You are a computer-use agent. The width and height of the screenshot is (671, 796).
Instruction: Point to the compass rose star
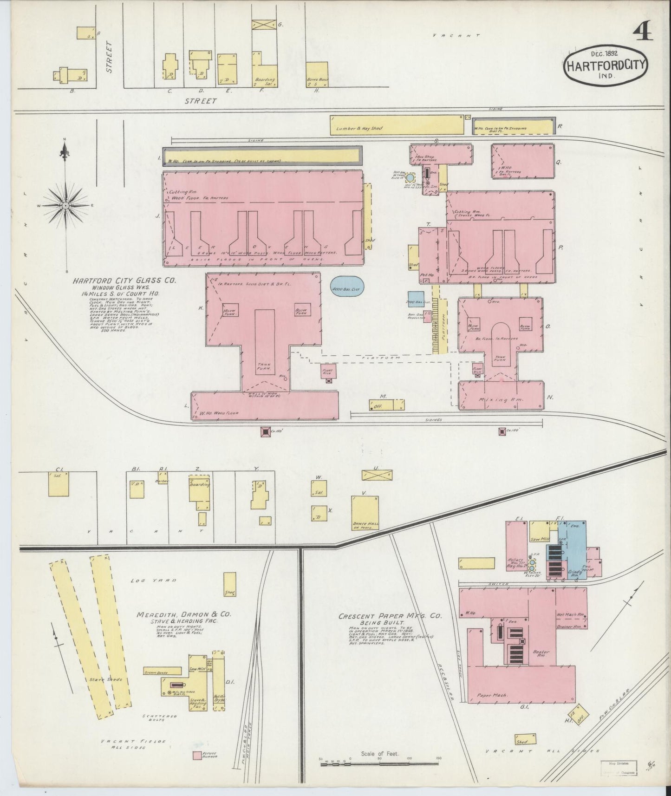tap(65, 205)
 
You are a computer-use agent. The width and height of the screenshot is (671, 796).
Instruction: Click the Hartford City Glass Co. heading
tap(124, 281)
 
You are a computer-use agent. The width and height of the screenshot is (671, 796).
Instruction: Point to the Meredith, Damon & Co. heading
tap(183, 614)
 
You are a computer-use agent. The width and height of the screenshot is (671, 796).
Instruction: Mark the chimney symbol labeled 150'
tap(265, 432)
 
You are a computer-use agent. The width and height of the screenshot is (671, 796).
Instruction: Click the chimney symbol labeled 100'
tap(502, 432)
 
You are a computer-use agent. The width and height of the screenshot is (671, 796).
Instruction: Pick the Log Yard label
tap(147, 580)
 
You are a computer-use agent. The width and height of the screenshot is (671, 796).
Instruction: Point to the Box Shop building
tap(440, 154)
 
